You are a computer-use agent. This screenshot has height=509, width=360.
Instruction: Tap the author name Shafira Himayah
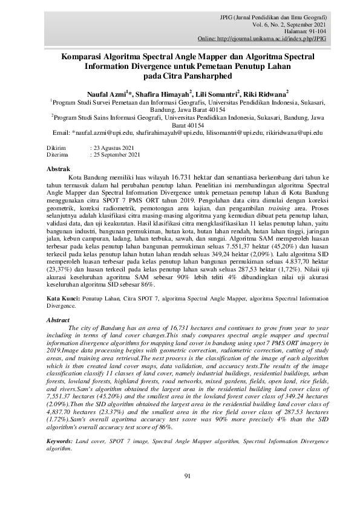[166, 94]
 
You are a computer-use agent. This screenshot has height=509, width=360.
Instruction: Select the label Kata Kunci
[63, 299]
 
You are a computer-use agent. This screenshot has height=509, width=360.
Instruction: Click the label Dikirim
[57, 148]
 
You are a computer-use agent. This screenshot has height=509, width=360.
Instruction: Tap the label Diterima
[58, 155]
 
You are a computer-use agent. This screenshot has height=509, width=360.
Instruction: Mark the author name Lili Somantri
[216, 94]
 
